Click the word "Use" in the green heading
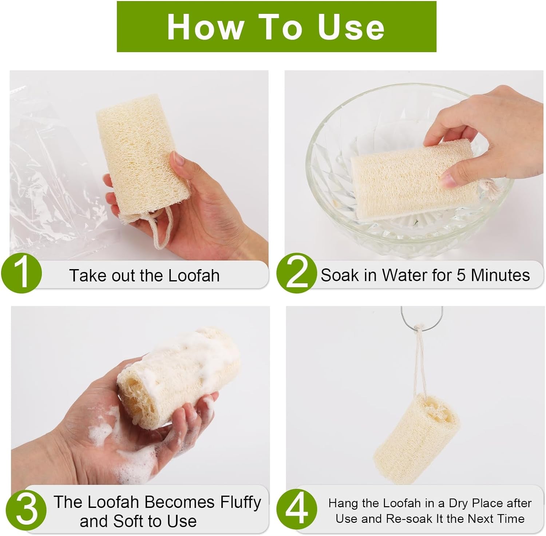351,27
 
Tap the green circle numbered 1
21,273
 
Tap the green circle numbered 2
296,273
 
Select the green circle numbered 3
27,509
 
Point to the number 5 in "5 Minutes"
461,275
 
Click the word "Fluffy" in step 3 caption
241,502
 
